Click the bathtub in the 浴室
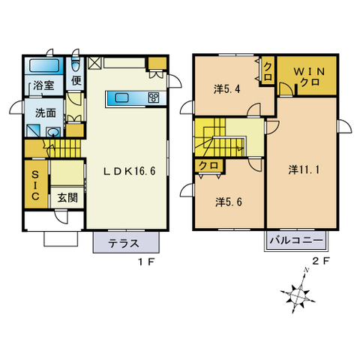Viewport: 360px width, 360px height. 44,65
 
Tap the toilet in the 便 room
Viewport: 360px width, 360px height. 76,64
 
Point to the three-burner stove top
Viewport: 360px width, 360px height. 153,97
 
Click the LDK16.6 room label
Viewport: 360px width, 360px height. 130,171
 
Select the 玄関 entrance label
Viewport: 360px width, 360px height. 67,197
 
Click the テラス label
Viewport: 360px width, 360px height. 123,243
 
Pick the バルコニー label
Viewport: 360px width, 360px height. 296,241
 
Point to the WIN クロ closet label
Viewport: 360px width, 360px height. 310,76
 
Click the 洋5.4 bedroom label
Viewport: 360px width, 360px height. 227,89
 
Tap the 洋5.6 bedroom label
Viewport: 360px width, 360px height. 229,202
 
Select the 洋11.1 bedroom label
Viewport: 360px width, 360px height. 304,170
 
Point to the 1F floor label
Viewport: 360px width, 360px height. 146,262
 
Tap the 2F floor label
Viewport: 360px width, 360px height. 321,261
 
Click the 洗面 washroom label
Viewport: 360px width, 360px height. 45,113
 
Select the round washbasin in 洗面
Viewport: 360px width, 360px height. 53,131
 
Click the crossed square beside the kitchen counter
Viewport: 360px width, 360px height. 94,63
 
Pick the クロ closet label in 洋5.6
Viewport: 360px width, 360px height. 208,166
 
